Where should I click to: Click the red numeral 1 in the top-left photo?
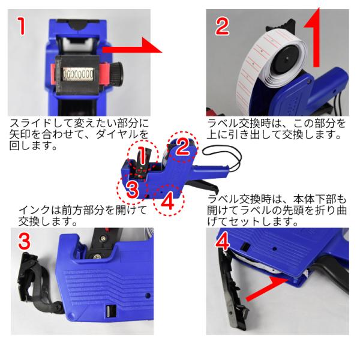pyautogui.click(x=22, y=26)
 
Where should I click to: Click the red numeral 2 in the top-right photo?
pyautogui.click(x=222, y=26)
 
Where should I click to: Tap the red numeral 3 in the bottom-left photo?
pyautogui.click(x=25, y=241)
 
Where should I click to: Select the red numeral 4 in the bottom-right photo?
pyautogui.click(x=222, y=241)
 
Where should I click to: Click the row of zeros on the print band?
pyautogui.click(x=78, y=74)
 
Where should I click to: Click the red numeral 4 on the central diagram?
pyautogui.click(x=168, y=200)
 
